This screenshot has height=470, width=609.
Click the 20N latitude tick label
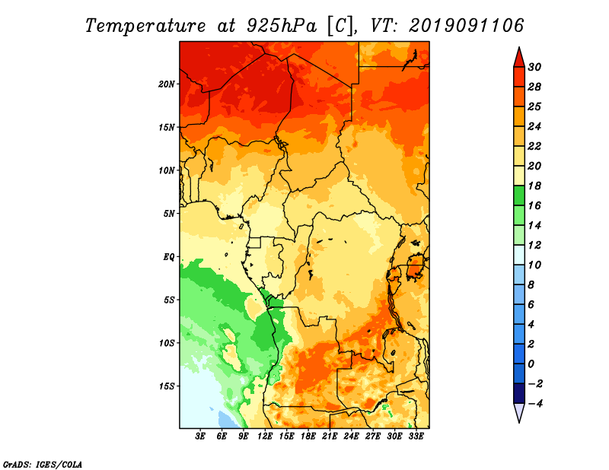pyautogui.click(x=167, y=84)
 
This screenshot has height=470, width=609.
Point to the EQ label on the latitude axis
pyautogui.click(x=169, y=257)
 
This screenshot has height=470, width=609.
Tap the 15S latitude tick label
pyautogui.click(x=167, y=386)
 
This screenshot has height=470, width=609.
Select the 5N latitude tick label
pyautogui.click(x=169, y=214)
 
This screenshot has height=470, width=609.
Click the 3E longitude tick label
pyautogui.click(x=200, y=437)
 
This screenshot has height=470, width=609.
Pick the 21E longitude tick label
pyautogui.click(x=330, y=437)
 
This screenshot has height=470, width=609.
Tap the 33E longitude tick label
pyautogui.click(x=416, y=437)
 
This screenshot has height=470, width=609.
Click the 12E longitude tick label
pyautogui.click(x=265, y=437)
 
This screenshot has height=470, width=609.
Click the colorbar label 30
pyautogui.click(x=534, y=67)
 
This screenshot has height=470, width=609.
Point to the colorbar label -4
pyautogui.click(x=535, y=404)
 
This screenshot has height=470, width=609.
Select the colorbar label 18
pyautogui.click(x=534, y=186)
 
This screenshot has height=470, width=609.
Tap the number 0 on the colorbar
pyautogui.click(x=531, y=364)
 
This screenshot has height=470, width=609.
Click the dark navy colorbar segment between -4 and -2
pyautogui.click(x=519, y=393)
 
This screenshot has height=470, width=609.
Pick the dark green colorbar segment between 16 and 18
pyautogui.click(x=519, y=195)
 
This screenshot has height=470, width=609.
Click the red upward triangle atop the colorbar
pyautogui.click(x=519, y=59)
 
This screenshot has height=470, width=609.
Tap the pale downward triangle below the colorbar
pyautogui.click(x=519, y=412)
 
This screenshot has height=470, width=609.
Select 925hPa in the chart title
pyautogui.click(x=281, y=26)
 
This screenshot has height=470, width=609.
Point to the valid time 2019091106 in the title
pyautogui.click(x=466, y=26)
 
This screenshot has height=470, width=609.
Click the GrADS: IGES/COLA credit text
pyautogui.click(x=43, y=464)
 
